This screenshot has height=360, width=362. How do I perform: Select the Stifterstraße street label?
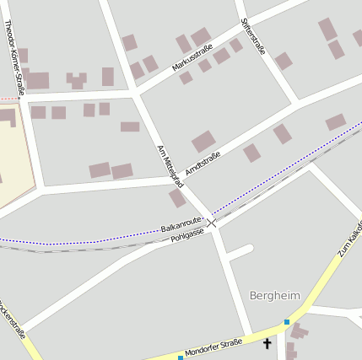(253, 36)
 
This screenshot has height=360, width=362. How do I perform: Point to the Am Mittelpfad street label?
(170, 165)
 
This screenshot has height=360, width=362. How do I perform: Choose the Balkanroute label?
(181, 227)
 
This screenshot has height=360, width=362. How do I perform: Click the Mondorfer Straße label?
(213, 346)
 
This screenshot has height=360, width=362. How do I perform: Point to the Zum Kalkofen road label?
(348, 241)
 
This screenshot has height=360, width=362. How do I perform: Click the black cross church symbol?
(267, 343)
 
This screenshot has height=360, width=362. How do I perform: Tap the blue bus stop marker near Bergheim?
(287, 321)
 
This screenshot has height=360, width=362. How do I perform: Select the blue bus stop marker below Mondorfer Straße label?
(180, 357)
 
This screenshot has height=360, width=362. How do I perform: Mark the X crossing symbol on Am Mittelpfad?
(212, 223)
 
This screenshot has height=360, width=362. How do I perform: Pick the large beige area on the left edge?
(13, 160)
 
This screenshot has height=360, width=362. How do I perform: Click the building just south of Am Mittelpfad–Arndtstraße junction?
(177, 198)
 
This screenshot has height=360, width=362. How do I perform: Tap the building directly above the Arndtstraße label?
(203, 142)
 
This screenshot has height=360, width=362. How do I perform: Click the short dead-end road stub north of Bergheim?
(240, 251)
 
